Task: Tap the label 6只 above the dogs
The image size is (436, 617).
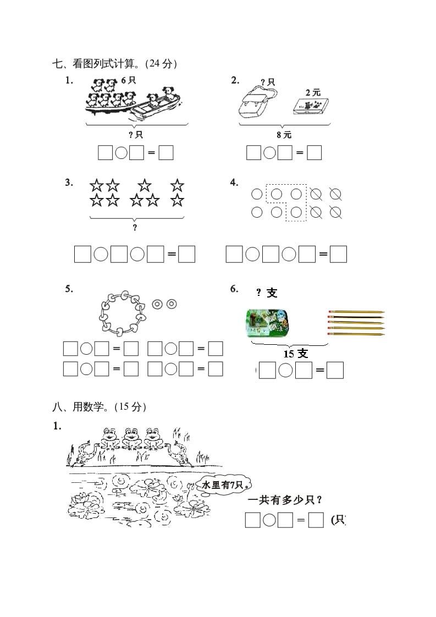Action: point(128,80)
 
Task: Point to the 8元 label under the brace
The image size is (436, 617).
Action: point(284,134)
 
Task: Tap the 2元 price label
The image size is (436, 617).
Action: point(312,92)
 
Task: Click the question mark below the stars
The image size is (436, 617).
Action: point(135,228)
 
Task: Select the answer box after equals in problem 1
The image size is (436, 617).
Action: point(166,153)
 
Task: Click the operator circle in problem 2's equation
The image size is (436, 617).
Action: point(269,153)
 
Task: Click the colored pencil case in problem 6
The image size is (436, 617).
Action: point(267,322)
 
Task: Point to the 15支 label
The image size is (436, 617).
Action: point(296,353)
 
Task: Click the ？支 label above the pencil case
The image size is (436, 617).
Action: point(267,293)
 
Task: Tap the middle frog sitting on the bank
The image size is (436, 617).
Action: point(131,438)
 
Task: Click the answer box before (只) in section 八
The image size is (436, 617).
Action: point(316,520)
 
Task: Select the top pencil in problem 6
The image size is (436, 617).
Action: point(356,312)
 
